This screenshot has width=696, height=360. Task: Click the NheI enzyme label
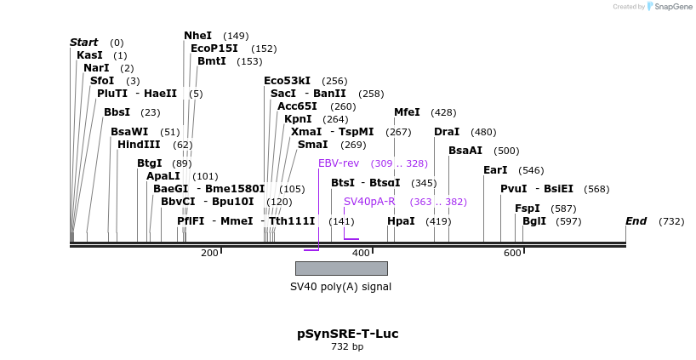(x=197, y=36)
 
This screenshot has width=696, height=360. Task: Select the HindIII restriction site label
(x=139, y=145)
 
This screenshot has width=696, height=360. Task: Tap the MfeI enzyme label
(x=407, y=112)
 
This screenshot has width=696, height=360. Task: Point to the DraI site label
(x=446, y=132)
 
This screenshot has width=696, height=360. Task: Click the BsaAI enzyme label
(x=465, y=151)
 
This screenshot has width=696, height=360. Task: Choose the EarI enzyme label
(x=494, y=170)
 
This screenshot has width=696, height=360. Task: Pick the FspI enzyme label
(x=527, y=208)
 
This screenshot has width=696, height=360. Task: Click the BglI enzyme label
(x=533, y=221)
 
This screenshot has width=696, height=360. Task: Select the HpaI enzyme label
(x=401, y=221)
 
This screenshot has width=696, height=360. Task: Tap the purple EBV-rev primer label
(x=339, y=163)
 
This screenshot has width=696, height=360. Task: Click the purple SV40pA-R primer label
(x=369, y=202)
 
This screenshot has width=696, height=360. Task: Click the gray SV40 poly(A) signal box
(x=341, y=268)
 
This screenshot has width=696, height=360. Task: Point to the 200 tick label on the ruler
(x=209, y=254)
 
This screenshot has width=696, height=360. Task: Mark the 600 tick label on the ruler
(x=512, y=254)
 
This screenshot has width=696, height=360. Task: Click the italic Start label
(x=84, y=43)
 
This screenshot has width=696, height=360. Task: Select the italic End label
(x=636, y=221)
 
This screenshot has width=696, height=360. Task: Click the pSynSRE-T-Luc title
(x=347, y=334)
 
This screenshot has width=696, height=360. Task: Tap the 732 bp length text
(x=347, y=347)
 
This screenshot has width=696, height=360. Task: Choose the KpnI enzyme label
(x=298, y=119)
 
